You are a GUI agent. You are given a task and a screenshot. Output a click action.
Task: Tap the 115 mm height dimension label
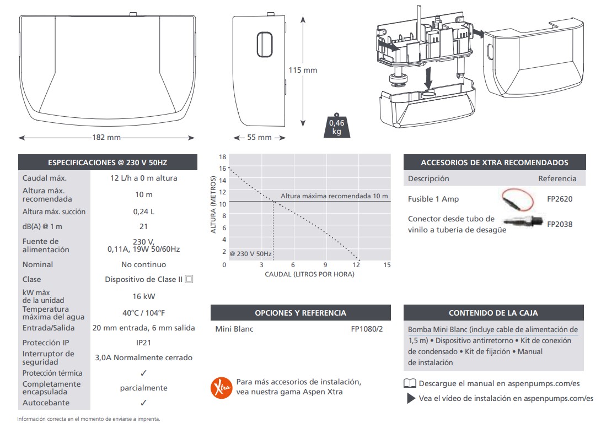[x=303, y=70]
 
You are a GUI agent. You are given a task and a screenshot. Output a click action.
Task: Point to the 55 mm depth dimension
[x=259, y=138]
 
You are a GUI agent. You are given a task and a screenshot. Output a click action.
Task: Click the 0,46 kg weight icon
[x=337, y=126]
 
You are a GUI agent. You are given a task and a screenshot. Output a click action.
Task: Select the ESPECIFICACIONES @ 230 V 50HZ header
[x=108, y=162]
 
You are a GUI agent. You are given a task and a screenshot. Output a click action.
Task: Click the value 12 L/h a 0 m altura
[x=143, y=178]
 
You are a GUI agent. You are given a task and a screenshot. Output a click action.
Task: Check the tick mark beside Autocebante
[x=143, y=403]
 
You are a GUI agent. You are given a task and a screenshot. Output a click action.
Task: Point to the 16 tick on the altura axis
[x=223, y=169]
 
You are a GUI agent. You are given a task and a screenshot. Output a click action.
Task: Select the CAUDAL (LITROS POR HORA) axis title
[x=309, y=274]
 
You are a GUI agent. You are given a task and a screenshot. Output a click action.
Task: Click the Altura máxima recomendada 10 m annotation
[x=334, y=196]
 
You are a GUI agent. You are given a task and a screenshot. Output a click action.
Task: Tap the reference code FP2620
[x=559, y=199]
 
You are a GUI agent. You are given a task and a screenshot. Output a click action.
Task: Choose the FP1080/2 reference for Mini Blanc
[x=367, y=329]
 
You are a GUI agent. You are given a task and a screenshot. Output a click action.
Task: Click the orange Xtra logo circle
[x=221, y=387]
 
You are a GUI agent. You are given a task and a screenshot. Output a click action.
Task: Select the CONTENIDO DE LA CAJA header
[x=493, y=313]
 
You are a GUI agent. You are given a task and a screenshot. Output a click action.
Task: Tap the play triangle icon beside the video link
[x=411, y=398]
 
